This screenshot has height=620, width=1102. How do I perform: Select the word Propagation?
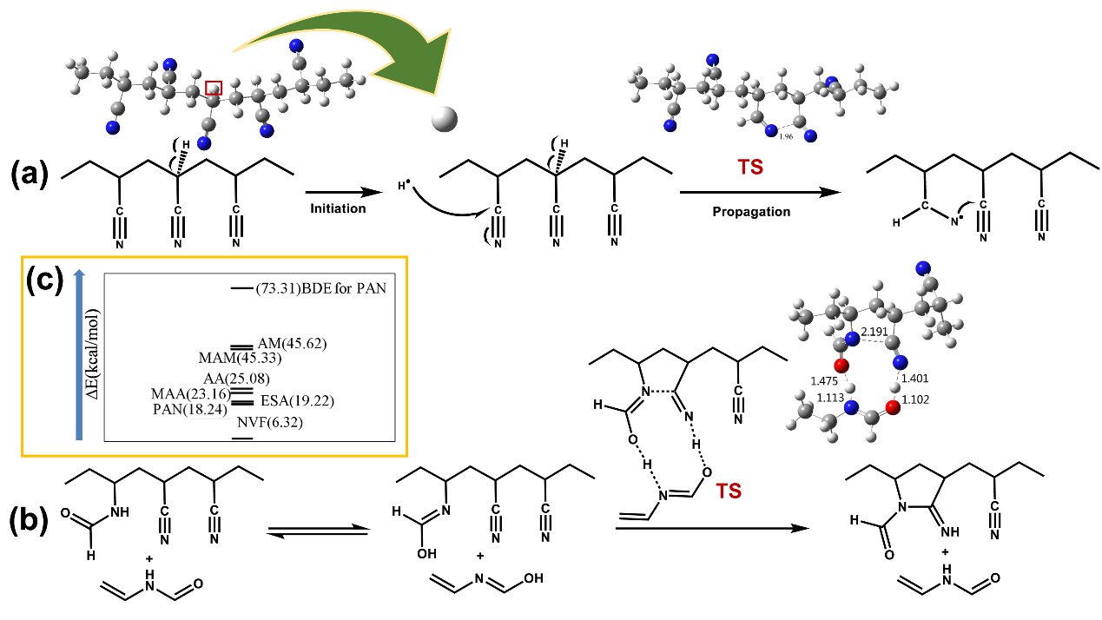tap(753, 211)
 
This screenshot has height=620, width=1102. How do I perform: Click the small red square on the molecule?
tap(214, 87)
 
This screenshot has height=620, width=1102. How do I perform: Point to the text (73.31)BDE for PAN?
tap(320, 289)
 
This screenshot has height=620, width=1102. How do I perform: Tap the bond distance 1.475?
tap(826, 379)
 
